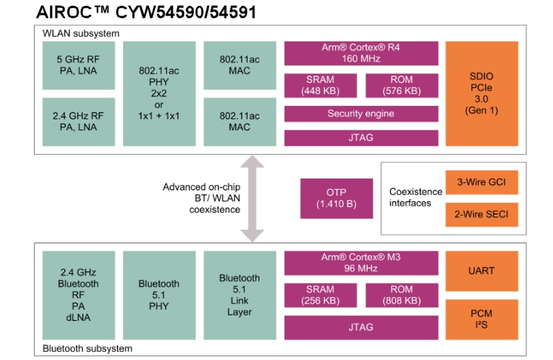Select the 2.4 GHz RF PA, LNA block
[79, 121]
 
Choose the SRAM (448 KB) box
[320, 85]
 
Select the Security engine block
[360, 114]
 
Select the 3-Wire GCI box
[482, 181]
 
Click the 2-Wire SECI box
[482, 215]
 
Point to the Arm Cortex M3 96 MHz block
[360, 263]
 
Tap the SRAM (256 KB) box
[320, 296]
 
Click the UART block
[482, 270]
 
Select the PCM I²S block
[482, 319]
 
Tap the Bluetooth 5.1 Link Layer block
[239, 295]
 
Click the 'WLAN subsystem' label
[82, 33]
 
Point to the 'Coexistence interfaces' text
[416, 197]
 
